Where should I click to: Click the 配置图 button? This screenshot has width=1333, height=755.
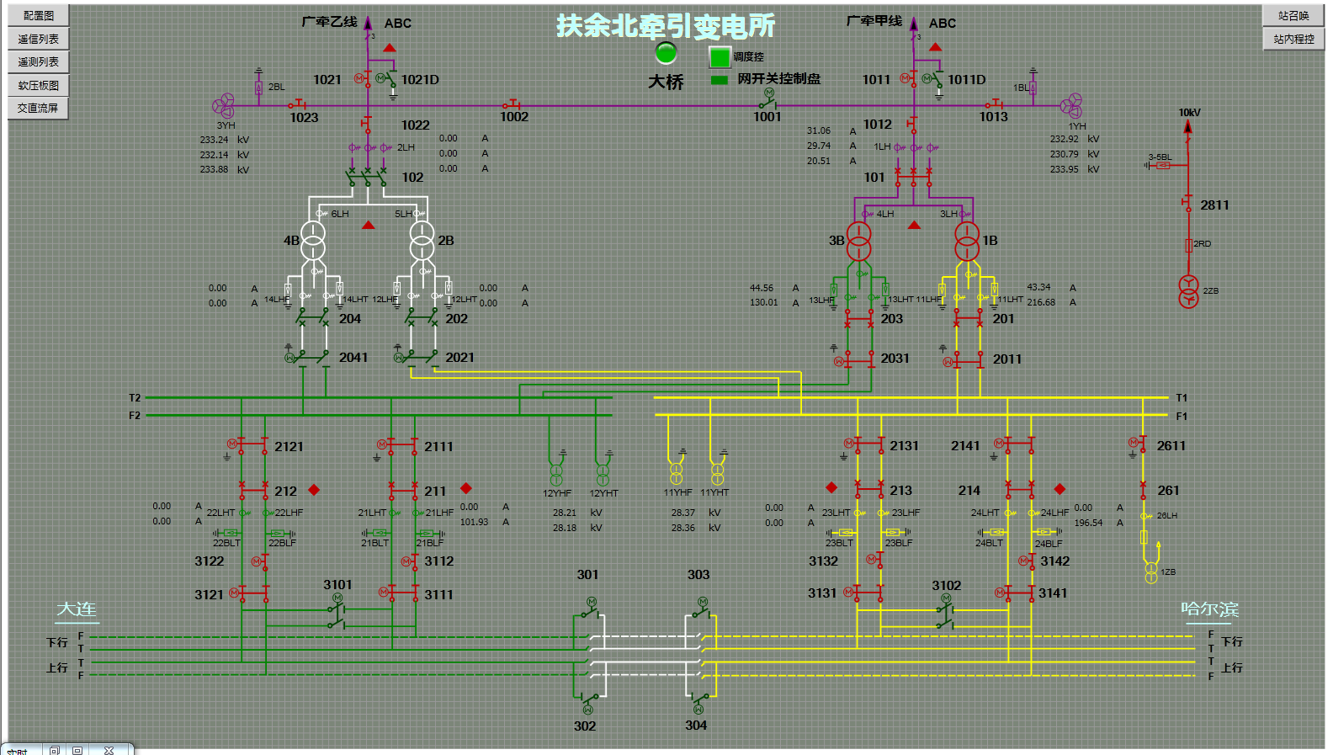click(x=38, y=15)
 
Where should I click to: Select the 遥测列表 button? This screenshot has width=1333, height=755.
click(x=38, y=61)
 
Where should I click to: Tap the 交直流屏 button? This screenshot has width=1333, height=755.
click(x=38, y=108)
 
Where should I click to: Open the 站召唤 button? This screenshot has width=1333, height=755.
click(x=1293, y=15)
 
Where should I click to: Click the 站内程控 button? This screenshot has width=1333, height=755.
click(x=1293, y=39)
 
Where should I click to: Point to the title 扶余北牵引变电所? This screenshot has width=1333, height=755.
click(x=666, y=26)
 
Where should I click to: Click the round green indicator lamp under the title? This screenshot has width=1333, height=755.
click(x=666, y=53)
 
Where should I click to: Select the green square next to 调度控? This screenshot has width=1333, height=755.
click(x=720, y=57)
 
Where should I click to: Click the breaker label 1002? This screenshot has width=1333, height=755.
click(x=514, y=117)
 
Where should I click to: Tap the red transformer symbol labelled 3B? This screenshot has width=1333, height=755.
click(x=859, y=241)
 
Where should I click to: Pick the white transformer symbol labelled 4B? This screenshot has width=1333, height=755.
click(x=313, y=241)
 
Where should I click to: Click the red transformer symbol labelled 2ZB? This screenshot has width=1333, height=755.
click(x=1188, y=291)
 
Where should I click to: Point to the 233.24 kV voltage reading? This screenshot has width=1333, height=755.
click(x=214, y=140)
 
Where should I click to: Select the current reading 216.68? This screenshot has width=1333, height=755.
click(x=1041, y=302)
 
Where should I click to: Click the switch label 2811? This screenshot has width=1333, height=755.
click(x=1214, y=205)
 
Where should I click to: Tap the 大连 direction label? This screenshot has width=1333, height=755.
click(x=77, y=609)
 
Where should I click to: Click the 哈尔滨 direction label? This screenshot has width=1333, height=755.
click(x=1209, y=609)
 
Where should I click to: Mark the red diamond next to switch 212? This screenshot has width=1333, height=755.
click(x=314, y=490)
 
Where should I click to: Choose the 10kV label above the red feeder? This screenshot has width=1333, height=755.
click(x=1189, y=113)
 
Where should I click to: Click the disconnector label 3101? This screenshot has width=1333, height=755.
click(x=337, y=585)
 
